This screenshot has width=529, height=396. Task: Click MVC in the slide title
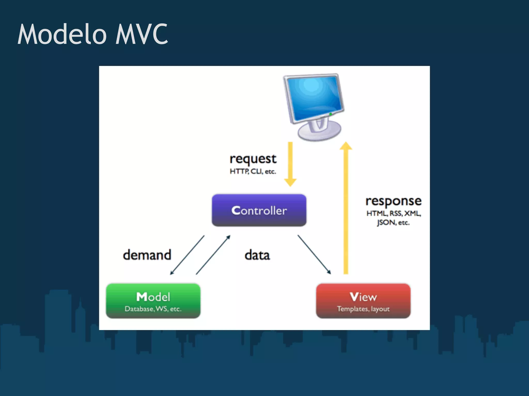[x=142, y=34]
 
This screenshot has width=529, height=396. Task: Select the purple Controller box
[x=259, y=210]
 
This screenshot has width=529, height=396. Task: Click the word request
[x=253, y=159]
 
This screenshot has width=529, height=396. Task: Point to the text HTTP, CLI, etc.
[x=253, y=171]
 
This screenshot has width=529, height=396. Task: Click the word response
[x=393, y=201]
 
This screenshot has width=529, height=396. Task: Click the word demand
[x=147, y=255]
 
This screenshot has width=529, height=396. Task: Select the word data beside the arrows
[x=257, y=255]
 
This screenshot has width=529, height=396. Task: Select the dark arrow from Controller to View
[x=314, y=254]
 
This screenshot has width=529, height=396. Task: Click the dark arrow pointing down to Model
[x=187, y=255]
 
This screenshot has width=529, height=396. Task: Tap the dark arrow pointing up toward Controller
[x=213, y=255]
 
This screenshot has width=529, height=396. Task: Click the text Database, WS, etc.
[x=153, y=309]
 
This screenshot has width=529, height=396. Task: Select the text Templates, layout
[x=363, y=309]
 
